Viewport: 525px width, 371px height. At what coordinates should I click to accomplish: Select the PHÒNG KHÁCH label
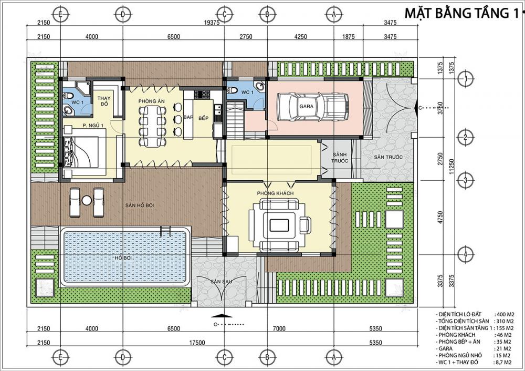(275, 193)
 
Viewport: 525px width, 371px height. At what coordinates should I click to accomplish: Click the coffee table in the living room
(279, 225)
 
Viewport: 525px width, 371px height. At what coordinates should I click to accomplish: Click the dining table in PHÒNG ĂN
(153, 126)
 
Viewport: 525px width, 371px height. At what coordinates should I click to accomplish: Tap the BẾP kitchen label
(203, 118)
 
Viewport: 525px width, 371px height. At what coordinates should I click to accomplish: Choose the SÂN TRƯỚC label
(388, 157)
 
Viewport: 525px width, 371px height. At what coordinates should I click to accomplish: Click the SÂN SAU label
(221, 282)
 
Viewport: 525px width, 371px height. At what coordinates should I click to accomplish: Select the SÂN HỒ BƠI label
(140, 205)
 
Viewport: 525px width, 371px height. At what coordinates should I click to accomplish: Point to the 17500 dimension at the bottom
(197, 343)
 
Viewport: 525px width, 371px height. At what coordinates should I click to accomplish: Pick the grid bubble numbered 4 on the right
(465, 254)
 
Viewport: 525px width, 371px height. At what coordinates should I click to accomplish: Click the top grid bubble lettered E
(60, 14)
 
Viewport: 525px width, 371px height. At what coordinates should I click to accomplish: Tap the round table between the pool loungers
(87, 200)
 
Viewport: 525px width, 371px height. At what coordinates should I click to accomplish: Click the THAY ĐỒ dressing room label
(104, 101)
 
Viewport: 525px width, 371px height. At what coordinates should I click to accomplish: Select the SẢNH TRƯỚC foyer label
(340, 158)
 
